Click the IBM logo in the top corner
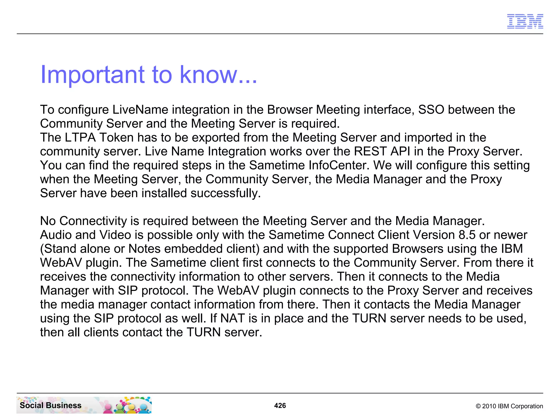pos(525,21)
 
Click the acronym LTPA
pos(80,138)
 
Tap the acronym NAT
pos(232,318)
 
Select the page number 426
pos(280,406)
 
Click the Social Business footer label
pos(51,405)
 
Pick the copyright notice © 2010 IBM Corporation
pos(509,406)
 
